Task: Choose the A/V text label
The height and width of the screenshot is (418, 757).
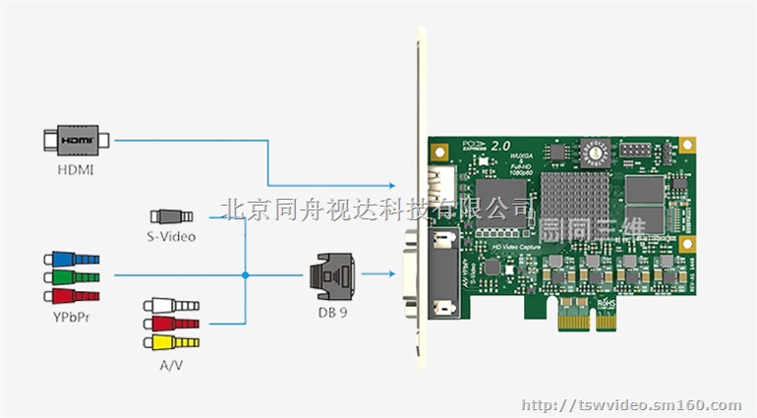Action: (x=170, y=363)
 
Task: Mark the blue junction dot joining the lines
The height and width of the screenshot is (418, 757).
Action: (x=244, y=275)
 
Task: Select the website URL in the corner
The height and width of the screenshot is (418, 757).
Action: (x=630, y=404)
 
